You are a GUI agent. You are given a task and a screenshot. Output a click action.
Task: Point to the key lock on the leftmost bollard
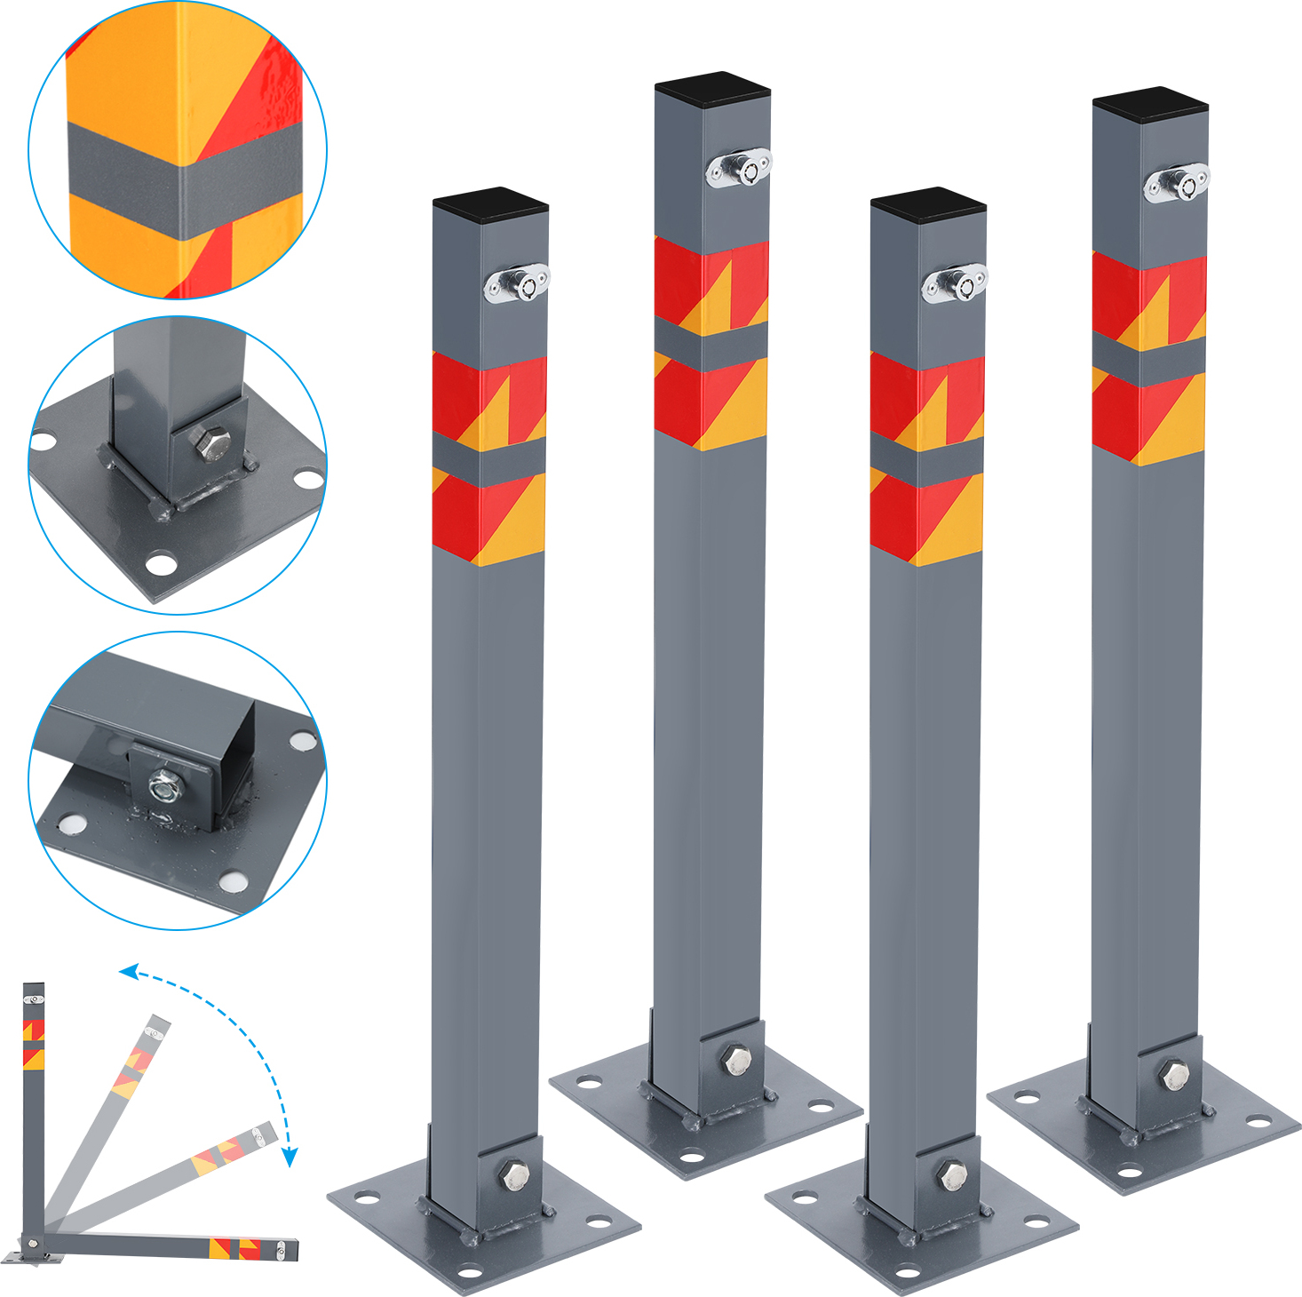(517, 283)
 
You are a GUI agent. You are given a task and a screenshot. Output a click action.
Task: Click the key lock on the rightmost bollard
(1176, 183)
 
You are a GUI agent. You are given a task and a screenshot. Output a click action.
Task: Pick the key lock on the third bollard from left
(955, 283)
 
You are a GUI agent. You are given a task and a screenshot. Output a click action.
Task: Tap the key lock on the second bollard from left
(739, 167)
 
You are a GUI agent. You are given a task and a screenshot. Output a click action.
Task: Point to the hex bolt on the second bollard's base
(736, 1060)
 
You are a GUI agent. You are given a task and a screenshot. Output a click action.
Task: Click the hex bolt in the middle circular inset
(210, 442)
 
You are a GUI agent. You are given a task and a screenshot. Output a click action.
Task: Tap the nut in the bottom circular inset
(164, 785)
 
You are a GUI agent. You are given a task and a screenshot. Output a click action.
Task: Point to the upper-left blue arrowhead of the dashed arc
(129, 973)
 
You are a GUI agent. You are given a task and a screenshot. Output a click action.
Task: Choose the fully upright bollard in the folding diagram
(33, 1110)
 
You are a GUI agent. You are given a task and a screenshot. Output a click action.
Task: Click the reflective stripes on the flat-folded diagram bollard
(235, 1248)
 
